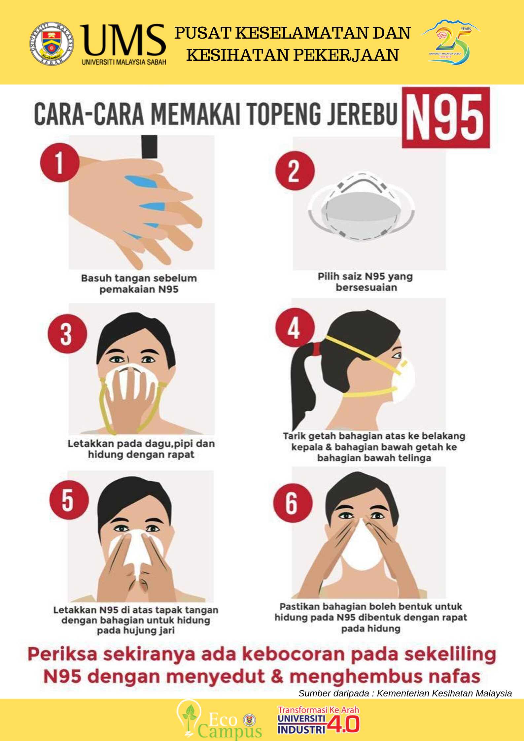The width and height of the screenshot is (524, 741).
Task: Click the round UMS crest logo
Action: [x=52, y=44]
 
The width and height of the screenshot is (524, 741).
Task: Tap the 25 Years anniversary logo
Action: [x=450, y=42]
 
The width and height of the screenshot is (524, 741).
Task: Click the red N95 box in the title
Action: [x=446, y=118]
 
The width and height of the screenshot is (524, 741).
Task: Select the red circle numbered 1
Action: [x=60, y=162]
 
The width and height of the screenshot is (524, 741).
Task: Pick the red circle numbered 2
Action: [x=295, y=171]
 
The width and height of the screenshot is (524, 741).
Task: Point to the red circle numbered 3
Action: [x=67, y=334]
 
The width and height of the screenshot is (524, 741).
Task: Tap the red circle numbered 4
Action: [x=295, y=327]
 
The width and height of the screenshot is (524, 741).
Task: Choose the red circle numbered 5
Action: [x=69, y=500]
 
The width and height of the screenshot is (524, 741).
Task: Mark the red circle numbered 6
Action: [x=293, y=503]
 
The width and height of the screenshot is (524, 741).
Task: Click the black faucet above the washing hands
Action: [x=149, y=147]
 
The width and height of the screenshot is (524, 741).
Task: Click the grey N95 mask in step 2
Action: [x=361, y=207]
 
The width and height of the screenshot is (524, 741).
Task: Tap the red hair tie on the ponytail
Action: [x=316, y=349]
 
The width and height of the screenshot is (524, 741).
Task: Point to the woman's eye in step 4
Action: [x=397, y=355]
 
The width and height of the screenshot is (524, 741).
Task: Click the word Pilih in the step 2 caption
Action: [x=327, y=276]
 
